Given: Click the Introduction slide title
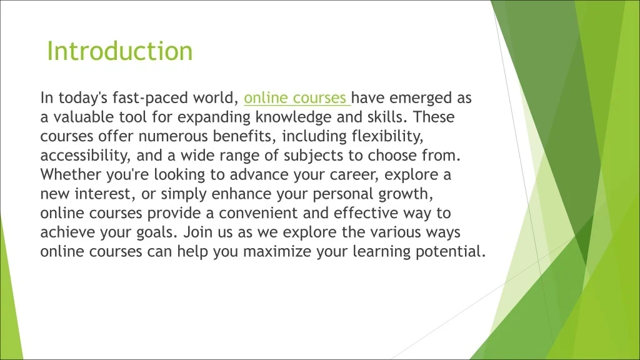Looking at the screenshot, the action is click(x=119, y=51).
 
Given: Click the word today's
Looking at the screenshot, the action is click(x=83, y=98).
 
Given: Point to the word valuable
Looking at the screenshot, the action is click(x=84, y=117).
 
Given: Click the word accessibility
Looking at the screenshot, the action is click(x=85, y=156).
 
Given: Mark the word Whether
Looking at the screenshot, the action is click(x=71, y=175).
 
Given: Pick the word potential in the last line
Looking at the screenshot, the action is click(x=451, y=251).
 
